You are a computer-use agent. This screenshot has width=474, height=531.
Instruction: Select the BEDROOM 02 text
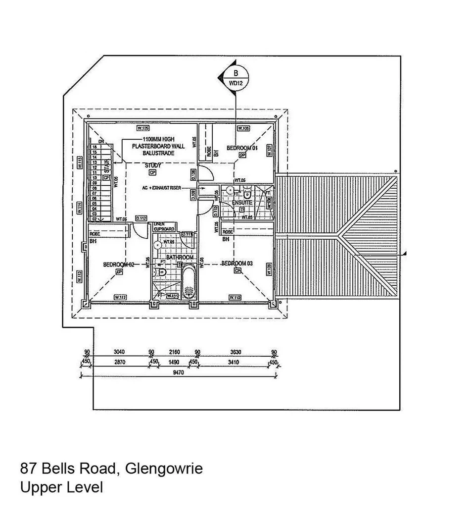tap(119, 265)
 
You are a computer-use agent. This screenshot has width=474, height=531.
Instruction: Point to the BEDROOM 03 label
tap(237, 263)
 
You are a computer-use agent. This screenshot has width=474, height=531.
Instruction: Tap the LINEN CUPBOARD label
tap(164, 226)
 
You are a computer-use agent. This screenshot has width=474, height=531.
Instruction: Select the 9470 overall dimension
tap(178, 373)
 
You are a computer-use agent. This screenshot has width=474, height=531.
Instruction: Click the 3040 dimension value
tap(119, 352)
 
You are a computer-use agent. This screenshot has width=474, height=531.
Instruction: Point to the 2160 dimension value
tap(174, 352)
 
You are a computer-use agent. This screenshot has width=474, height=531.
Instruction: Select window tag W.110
tap(235, 297)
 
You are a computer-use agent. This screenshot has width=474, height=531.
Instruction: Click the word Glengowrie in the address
tap(164, 468)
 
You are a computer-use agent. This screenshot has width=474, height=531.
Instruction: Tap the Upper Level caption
tap(61, 487)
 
